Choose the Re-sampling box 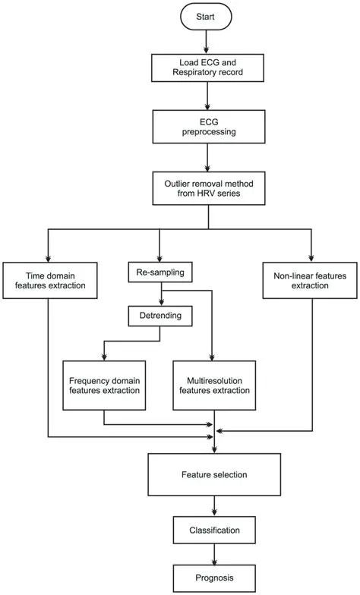(159, 270)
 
